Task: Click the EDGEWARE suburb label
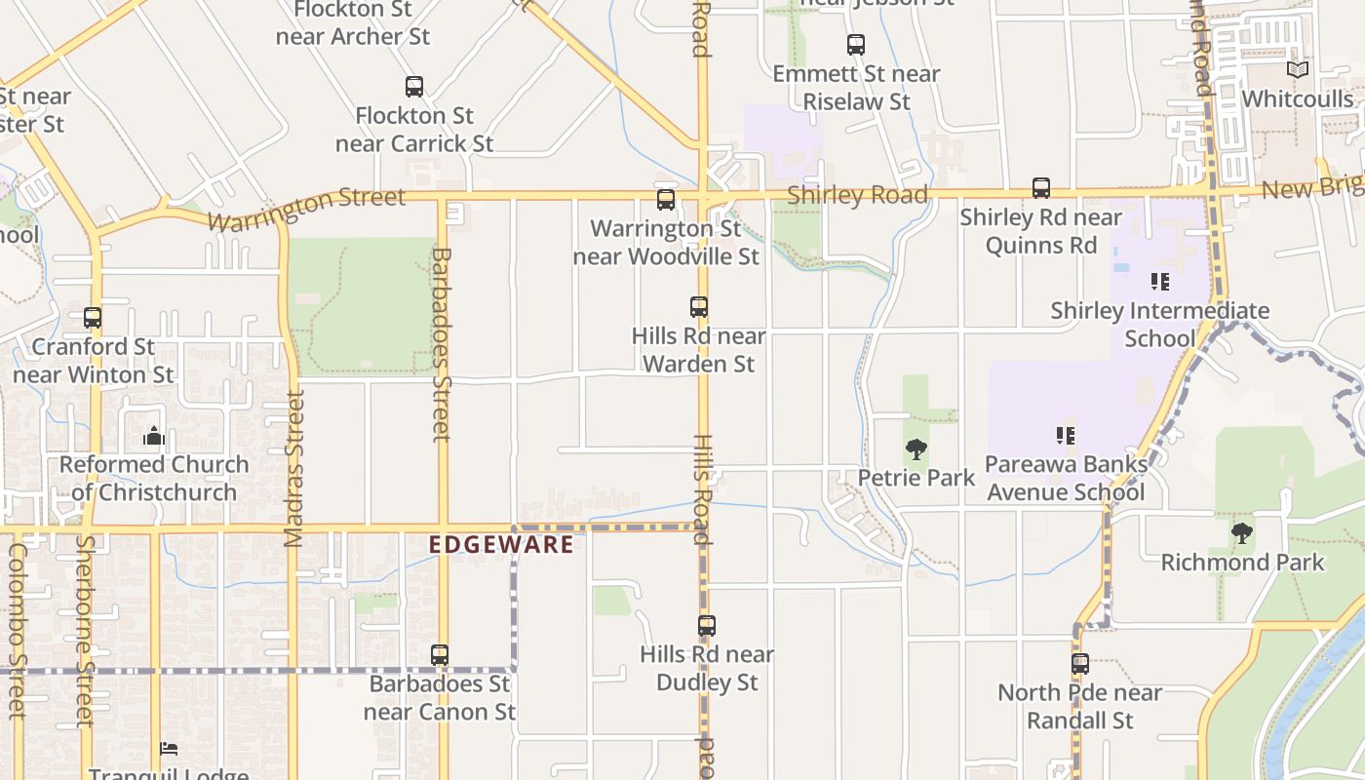click(502, 544)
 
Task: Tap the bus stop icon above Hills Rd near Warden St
click(699, 307)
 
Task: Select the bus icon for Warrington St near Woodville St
click(666, 200)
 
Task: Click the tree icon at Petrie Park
click(916, 449)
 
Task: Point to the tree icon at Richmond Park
click(1241, 533)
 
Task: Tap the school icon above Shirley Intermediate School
click(1159, 282)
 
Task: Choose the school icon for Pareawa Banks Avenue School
click(1065, 435)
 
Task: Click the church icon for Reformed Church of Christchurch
click(153, 435)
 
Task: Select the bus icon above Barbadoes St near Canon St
click(440, 654)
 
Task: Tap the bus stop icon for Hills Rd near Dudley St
click(707, 625)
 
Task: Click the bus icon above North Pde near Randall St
click(1080, 663)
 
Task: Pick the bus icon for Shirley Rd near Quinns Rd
click(1041, 188)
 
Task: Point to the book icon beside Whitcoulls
click(1297, 70)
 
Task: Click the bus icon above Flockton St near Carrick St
click(414, 87)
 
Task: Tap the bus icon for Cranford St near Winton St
click(93, 318)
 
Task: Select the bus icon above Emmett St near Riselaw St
click(855, 45)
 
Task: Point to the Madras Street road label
click(294, 468)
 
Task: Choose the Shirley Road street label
click(857, 195)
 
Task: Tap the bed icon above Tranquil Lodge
click(169, 749)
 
